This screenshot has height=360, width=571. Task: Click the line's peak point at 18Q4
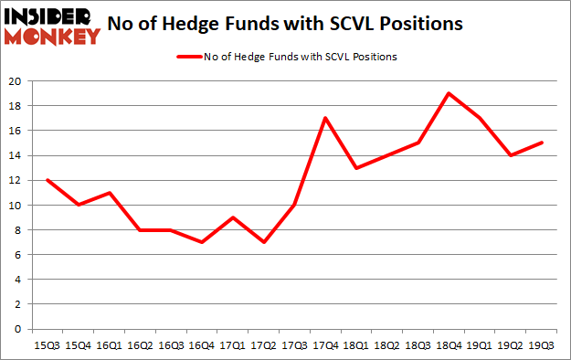coord(449,93)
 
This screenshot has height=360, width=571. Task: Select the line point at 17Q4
coord(324,118)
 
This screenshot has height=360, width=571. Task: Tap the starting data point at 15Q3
coord(47,180)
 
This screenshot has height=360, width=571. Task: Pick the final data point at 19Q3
coord(541,143)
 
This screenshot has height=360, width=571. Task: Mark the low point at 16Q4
coord(201,242)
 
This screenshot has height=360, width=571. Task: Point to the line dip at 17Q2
coord(263,242)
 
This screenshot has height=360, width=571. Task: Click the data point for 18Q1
coord(355,168)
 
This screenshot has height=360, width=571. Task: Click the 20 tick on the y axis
coord(16,81)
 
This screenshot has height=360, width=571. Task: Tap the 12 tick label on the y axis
coord(16,180)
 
